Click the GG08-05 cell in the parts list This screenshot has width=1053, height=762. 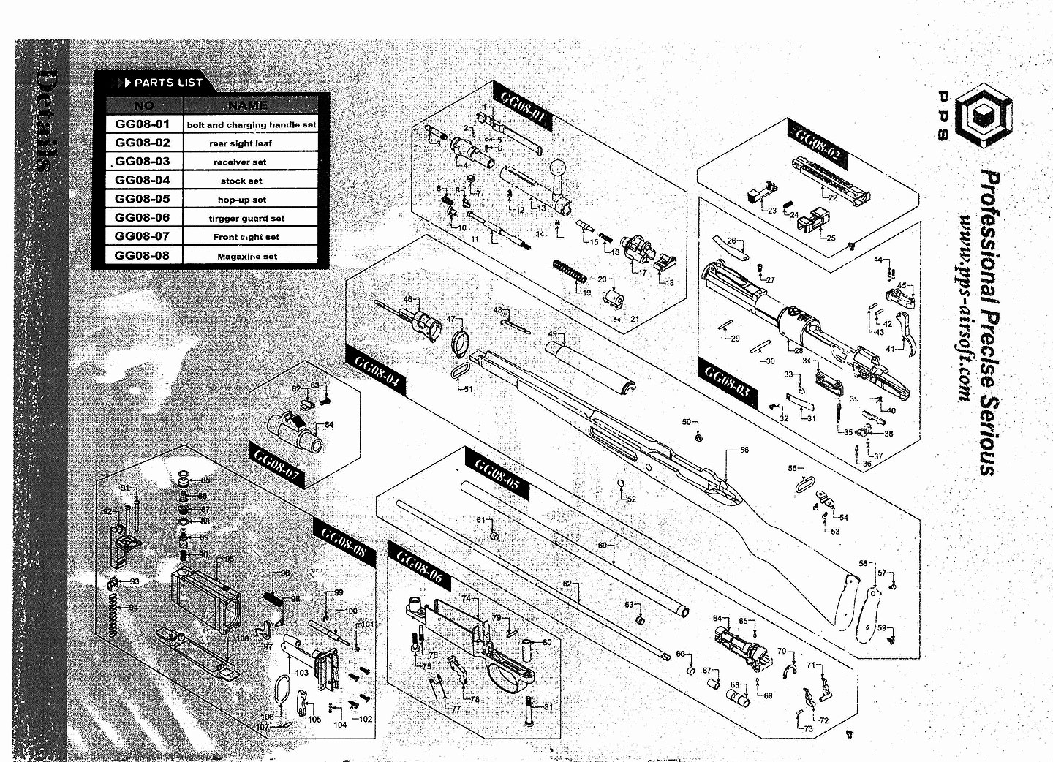pyautogui.click(x=143, y=199)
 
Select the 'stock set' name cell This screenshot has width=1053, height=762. pyautogui.click(x=241, y=181)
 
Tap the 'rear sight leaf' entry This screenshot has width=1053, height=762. pyautogui.click(x=241, y=143)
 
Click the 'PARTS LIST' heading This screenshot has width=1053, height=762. pyautogui.click(x=168, y=83)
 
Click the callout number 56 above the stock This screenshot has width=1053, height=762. pyautogui.click(x=744, y=450)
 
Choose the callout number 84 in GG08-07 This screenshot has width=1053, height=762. pyautogui.click(x=329, y=425)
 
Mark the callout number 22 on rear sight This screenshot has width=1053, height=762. pyautogui.click(x=833, y=197)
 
